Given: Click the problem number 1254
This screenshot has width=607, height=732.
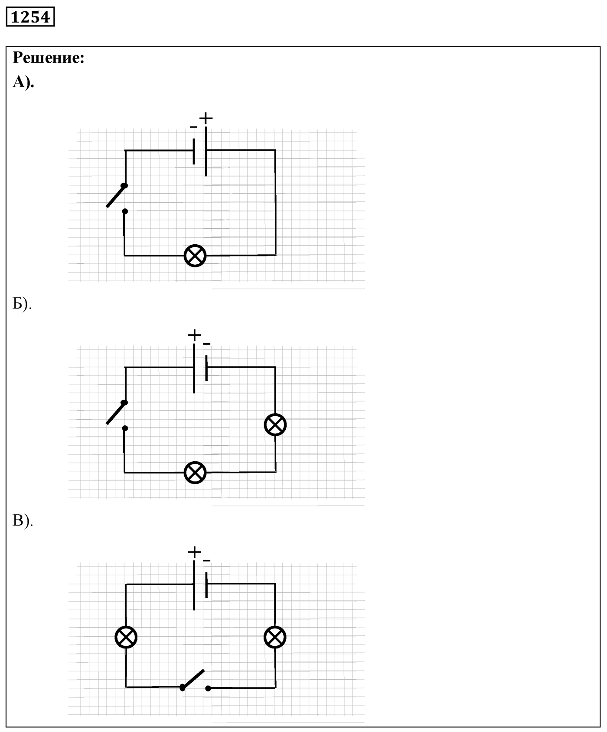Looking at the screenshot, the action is (30, 17).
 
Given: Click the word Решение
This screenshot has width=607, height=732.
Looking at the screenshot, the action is (48, 58).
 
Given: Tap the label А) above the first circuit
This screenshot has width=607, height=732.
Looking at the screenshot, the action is (23, 82).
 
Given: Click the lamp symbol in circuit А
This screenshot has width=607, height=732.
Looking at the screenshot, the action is (195, 256).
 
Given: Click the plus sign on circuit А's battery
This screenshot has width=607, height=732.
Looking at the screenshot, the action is (206, 118).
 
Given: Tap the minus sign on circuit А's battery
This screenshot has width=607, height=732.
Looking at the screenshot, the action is (193, 127).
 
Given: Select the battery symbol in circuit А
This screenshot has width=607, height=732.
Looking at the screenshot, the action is (200, 152).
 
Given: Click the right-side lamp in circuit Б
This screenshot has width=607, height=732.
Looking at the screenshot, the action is (275, 424).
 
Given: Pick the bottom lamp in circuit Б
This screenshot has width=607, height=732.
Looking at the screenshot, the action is (195, 473).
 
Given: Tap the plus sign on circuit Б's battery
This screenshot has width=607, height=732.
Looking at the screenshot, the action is (194, 335).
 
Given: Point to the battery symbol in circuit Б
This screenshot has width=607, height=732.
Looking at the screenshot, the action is (200, 369).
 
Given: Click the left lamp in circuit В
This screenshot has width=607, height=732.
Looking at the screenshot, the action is (126, 637).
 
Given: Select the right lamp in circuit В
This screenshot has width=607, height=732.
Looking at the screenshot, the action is (275, 637).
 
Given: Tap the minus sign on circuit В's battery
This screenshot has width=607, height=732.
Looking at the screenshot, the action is (206, 561).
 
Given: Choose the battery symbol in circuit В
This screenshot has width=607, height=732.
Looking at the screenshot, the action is (200, 586).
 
